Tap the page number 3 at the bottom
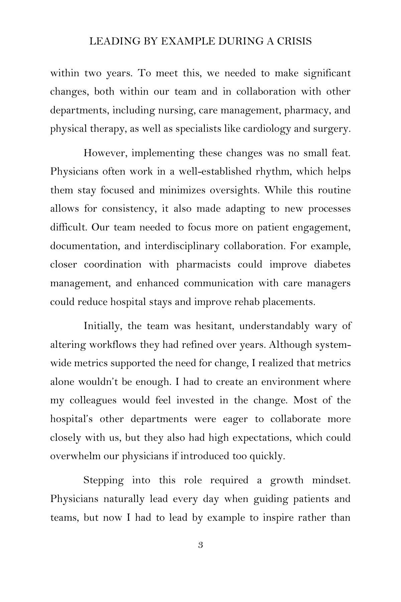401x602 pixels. click(x=200, y=545)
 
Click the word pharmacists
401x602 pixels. click(x=204, y=265)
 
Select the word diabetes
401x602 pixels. click(x=332, y=265)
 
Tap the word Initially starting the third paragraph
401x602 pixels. click(x=103, y=326)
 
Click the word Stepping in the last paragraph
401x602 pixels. click(x=103, y=481)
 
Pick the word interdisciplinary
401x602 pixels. click(x=182, y=246)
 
